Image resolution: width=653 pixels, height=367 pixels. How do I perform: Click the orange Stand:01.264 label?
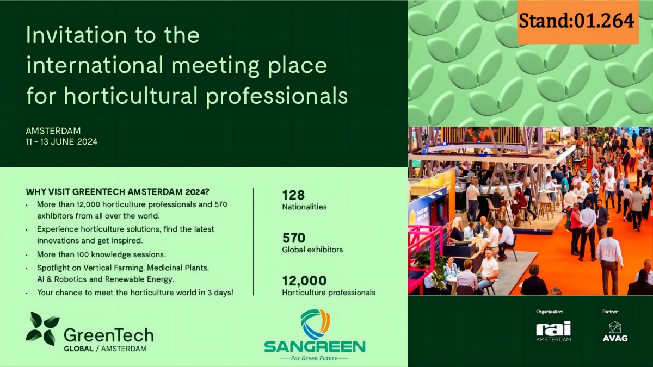[578, 22]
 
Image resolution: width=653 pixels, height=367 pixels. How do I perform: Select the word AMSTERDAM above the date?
[53, 131]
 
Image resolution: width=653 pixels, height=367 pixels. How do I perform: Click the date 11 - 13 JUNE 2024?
[61, 142]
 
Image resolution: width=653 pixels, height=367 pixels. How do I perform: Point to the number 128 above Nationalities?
[293, 195]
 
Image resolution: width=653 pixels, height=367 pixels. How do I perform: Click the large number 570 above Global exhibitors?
[294, 238]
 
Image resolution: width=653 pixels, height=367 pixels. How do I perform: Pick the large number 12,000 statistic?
[304, 281]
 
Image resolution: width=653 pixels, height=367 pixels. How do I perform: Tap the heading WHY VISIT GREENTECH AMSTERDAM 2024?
[118, 192]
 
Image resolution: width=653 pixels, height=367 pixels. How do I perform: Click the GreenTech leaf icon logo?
[42, 329]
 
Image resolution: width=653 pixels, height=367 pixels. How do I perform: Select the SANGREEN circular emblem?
[315, 324]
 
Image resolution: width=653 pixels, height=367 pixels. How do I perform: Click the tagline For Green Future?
[315, 358]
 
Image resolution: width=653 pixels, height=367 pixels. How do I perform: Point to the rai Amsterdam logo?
[553, 331]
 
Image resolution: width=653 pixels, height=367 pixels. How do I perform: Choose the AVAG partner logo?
[615, 331]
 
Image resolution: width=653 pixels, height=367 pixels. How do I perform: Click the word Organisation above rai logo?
[550, 312]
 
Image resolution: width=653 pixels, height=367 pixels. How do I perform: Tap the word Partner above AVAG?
[611, 312]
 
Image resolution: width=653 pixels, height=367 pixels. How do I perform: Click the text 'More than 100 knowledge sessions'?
[101, 254]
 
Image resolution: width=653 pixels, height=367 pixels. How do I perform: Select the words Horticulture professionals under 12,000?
[329, 293]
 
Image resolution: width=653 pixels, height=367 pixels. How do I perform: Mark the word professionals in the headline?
[276, 96]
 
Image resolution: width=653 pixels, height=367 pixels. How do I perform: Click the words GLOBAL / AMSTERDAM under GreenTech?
[105, 349]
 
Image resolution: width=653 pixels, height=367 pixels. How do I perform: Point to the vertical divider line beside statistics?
[254, 241]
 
